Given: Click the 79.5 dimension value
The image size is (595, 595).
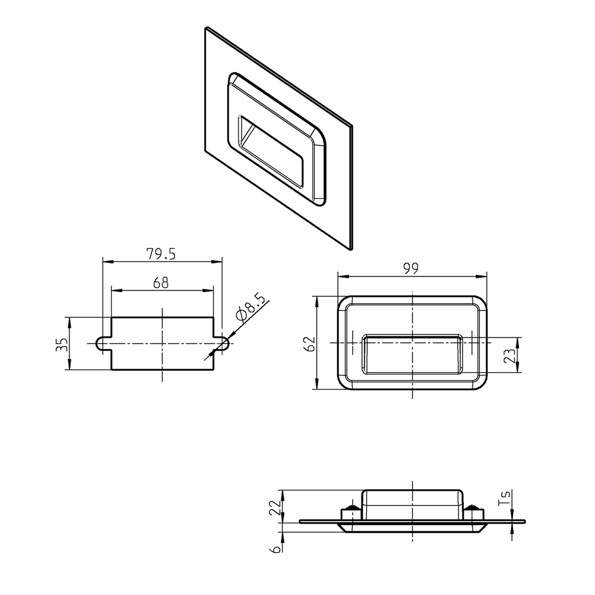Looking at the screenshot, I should click(162, 254).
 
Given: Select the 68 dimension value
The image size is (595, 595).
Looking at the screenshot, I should click(161, 283).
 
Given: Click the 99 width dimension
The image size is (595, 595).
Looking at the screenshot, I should click(411, 268).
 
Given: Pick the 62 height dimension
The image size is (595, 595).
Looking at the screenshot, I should click(310, 343).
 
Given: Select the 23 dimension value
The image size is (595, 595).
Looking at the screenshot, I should click(510, 355).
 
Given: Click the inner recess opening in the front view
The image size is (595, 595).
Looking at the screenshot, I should click(413, 354).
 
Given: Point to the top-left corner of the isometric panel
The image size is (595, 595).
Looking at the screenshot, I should click(206, 27).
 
